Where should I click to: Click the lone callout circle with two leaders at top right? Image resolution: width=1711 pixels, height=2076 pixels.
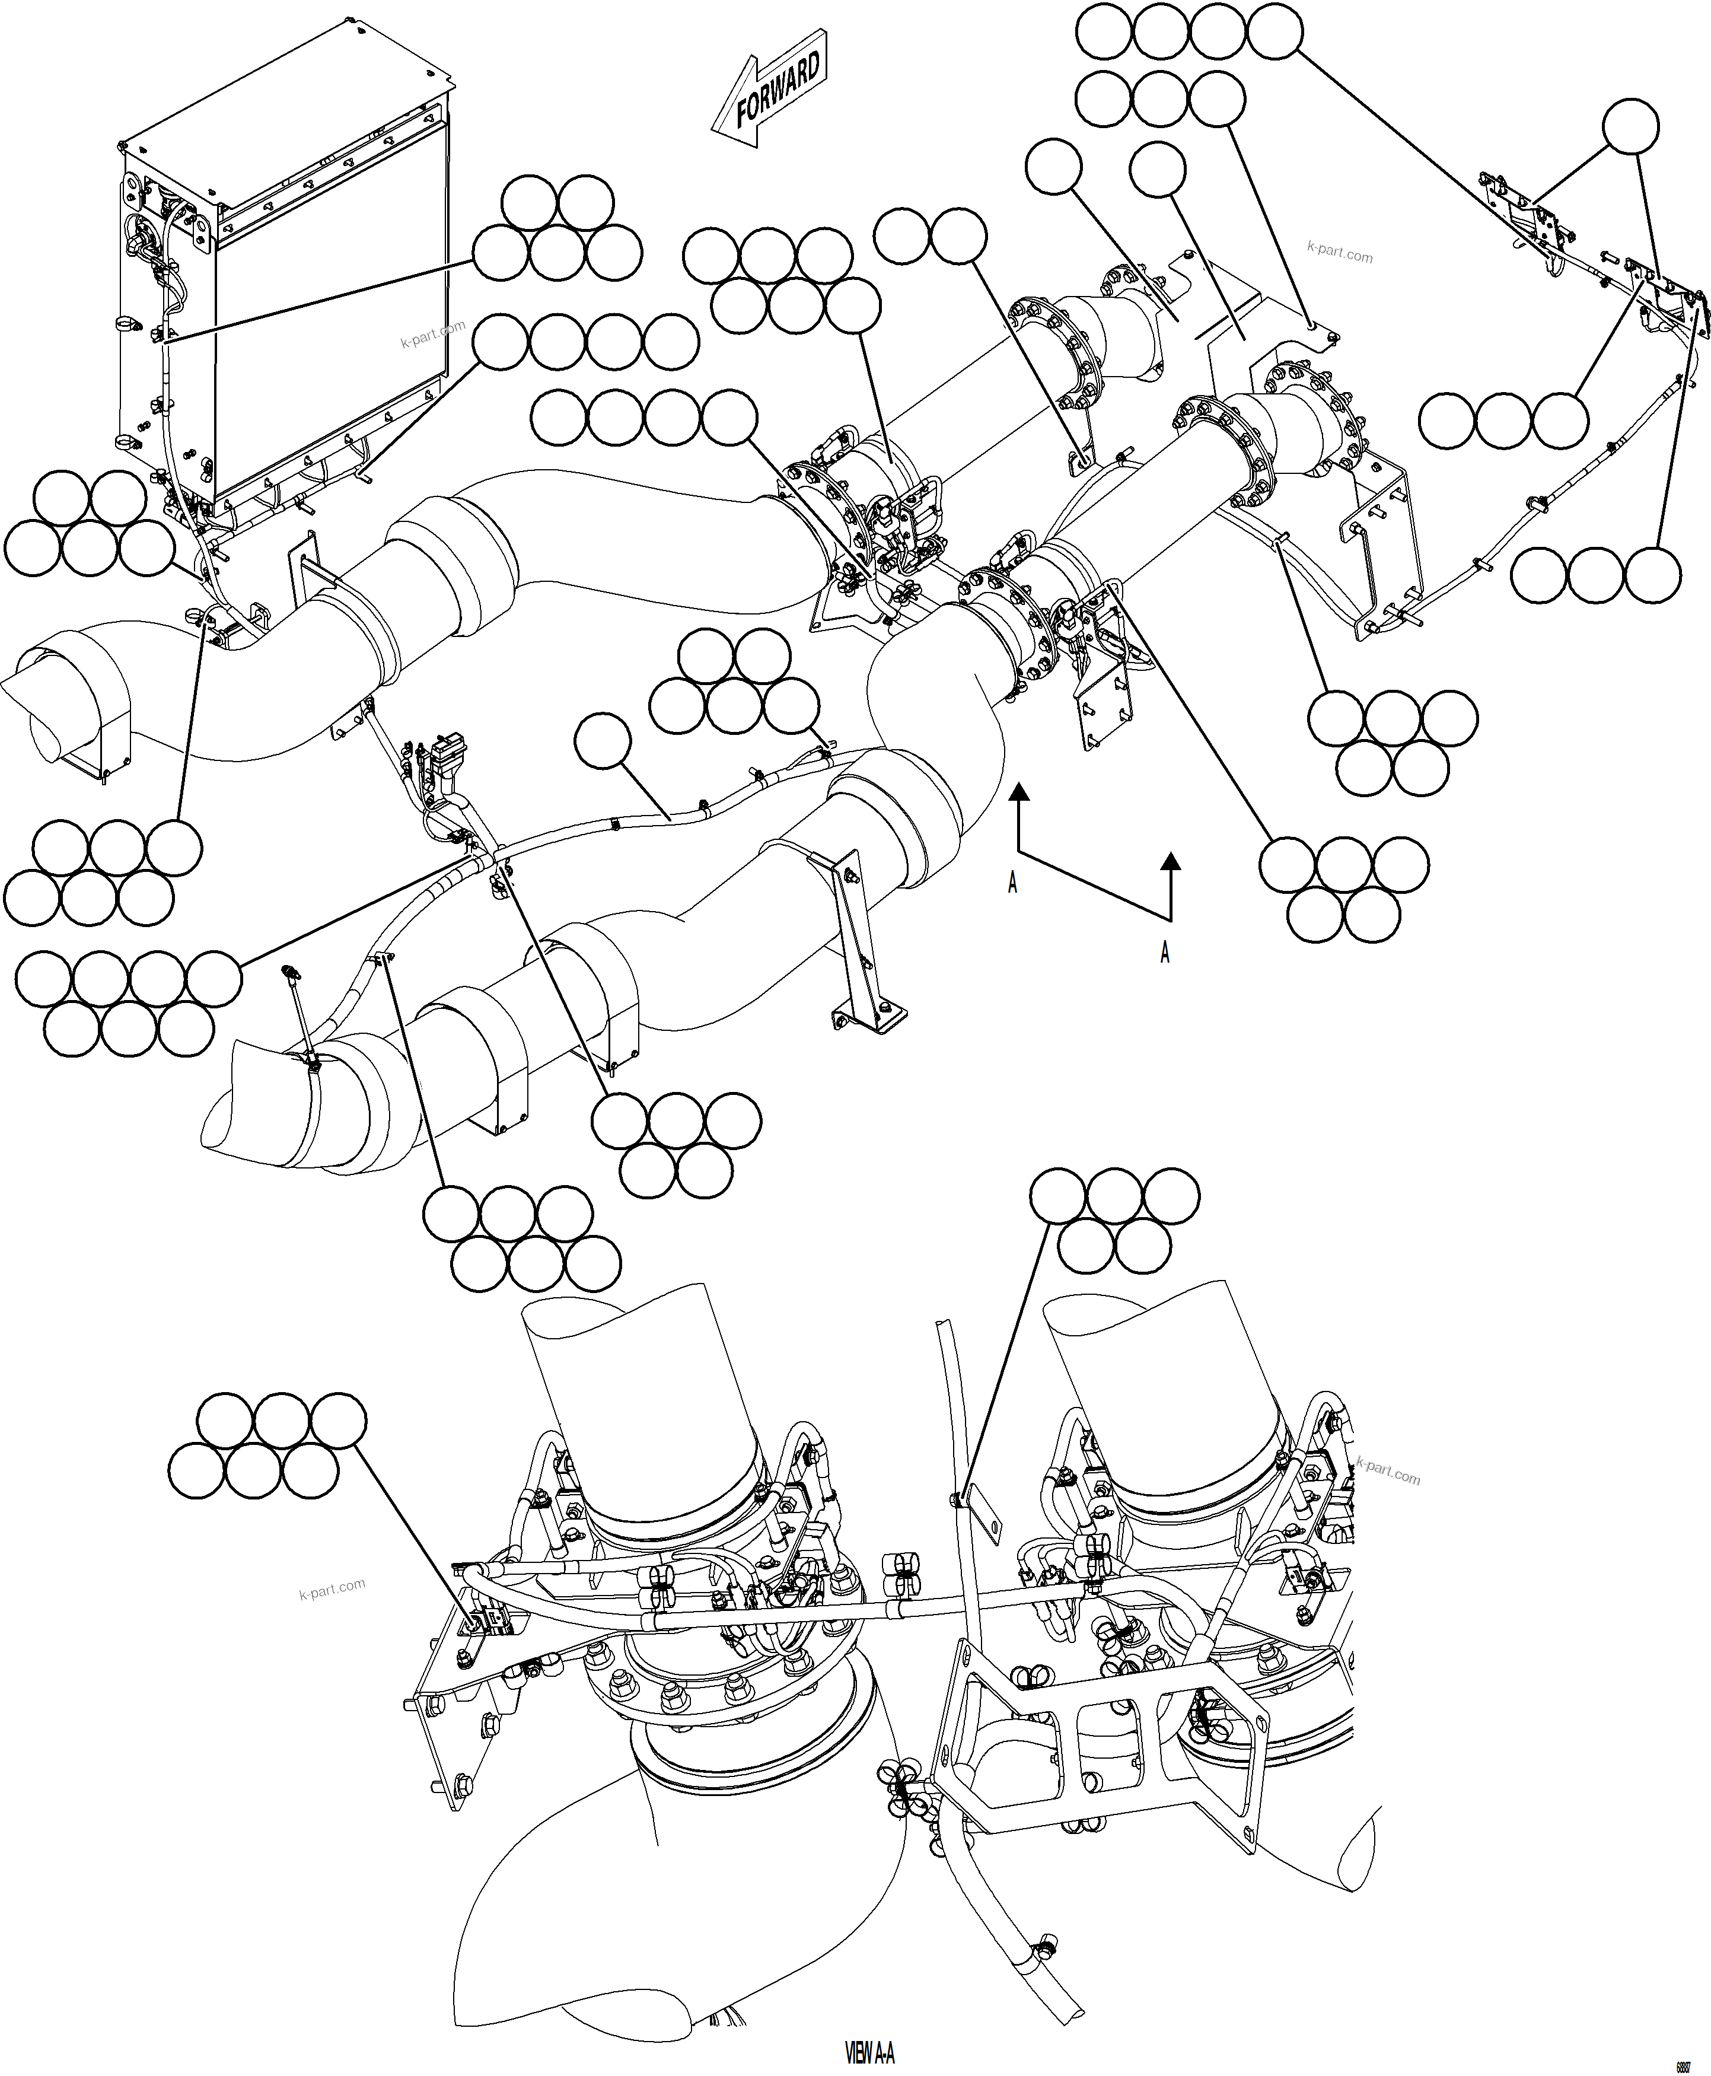coord(1630,126)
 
